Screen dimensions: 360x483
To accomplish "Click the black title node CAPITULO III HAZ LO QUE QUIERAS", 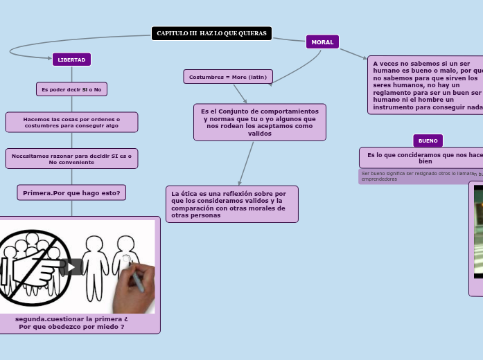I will pyautogui.click(x=211, y=33).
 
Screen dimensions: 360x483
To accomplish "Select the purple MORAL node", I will pyautogui.click(x=322, y=42).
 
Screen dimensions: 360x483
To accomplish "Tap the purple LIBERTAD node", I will pyautogui.click(x=71, y=60).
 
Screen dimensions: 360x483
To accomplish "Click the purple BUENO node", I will pyautogui.click(x=428, y=141).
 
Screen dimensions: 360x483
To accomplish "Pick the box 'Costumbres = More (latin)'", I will pyautogui.click(x=228, y=77).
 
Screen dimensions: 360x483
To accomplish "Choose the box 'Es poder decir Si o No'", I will pyautogui.click(x=71, y=89).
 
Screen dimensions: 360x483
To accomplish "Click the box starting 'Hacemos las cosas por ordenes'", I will pyautogui.click(x=71, y=123).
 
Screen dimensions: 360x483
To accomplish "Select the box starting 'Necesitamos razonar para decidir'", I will pyautogui.click(x=71, y=159).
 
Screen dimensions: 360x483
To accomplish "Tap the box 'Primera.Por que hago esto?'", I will pyautogui.click(x=71, y=192).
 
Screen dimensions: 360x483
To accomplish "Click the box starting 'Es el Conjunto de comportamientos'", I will pyautogui.click(x=260, y=122).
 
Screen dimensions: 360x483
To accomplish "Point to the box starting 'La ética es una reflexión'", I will pyautogui.click(x=232, y=204).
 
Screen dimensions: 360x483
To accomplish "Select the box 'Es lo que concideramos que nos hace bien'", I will pyautogui.click(x=423, y=157).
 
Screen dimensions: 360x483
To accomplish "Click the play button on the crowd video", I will pyautogui.click(x=71, y=267).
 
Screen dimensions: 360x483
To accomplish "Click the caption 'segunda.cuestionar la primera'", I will pyautogui.click(x=71, y=319).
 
